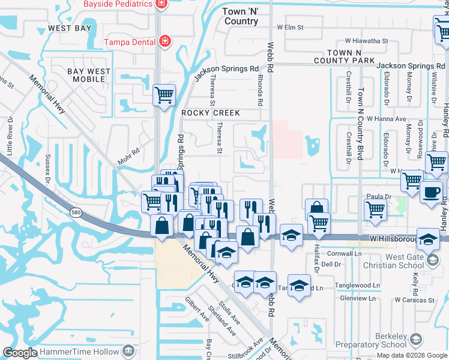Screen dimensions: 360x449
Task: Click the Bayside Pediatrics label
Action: (117, 4)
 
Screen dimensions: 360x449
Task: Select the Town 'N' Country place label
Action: (240, 16)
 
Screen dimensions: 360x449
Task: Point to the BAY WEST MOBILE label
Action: (89, 75)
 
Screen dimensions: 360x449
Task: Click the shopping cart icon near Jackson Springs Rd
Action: (164, 94)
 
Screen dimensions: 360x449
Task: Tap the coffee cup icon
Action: (431, 192)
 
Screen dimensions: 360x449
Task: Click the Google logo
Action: (20, 353)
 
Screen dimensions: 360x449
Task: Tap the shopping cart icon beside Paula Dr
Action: (375, 210)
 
